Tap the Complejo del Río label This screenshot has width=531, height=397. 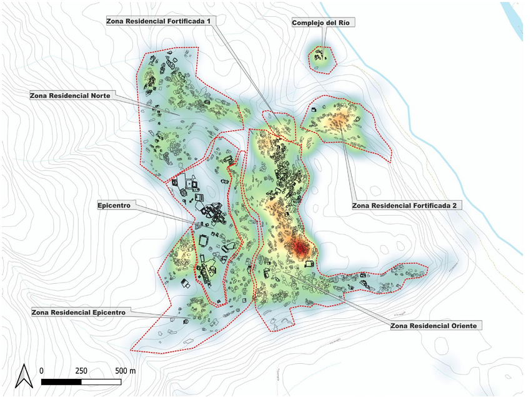click(x=324, y=23)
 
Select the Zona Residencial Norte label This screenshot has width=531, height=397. click(x=70, y=96)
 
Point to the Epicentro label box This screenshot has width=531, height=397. click(x=117, y=205)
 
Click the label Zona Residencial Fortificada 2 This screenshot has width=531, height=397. click(x=407, y=205)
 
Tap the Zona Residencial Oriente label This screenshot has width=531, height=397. click(x=437, y=326)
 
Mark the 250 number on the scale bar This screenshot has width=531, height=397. click(x=81, y=371)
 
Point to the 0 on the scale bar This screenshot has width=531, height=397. click(x=41, y=371)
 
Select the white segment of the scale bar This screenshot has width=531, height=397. click(x=101, y=381)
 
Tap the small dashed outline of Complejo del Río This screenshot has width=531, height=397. click(x=322, y=58)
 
